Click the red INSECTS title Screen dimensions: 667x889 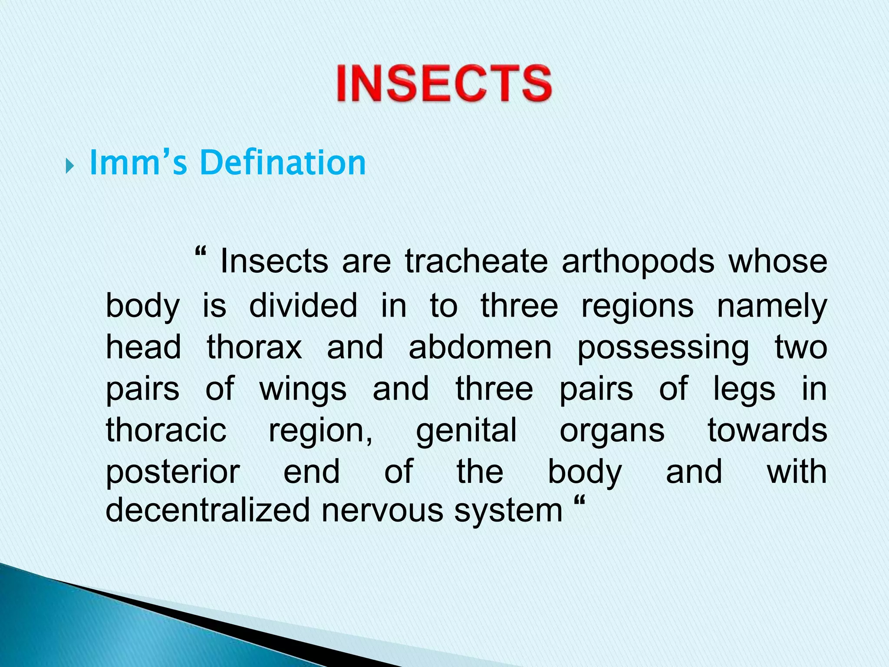pyautogui.click(x=444, y=83)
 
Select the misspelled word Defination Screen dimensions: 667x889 pyautogui.click(x=283, y=163)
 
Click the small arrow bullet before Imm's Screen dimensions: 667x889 pyautogui.click(x=69, y=166)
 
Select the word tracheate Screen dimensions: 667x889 pyautogui.click(x=476, y=262)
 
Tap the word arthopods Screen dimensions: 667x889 pyautogui.click(x=638, y=262)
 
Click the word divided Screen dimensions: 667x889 pyautogui.click(x=303, y=305)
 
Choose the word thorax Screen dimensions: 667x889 pyautogui.click(x=254, y=347)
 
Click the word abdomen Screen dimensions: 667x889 pyautogui.click(x=480, y=347)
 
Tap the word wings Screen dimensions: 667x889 pyautogui.click(x=303, y=390)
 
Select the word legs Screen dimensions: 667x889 pyautogui.click(x=744, y=390)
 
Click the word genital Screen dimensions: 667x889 pyautogui.click(x=466, y=431)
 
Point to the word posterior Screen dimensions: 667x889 pyautogui.click(x=173, y=472)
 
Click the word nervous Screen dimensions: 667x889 pyautogui.click(x=382, y=511)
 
